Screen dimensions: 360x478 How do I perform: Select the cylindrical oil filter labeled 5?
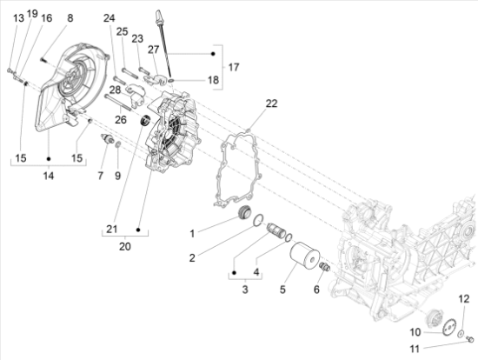(x=304, y=257)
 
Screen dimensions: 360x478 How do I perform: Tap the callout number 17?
(x=233, y=67)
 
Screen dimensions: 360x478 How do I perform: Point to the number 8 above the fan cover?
(x=70, y=17)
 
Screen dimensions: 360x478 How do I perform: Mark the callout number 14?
(x=49, y=176)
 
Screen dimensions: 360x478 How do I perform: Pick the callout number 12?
(x=463, y=299)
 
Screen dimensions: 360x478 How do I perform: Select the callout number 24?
(x=109, y=18)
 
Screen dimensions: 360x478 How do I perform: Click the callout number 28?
(x=115, y=90)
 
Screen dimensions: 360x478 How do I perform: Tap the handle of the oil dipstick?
(x=161, y=15)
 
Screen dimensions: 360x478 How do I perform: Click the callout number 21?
(x=111, y=229)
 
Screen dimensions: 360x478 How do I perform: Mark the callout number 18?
(x=213, y=80)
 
